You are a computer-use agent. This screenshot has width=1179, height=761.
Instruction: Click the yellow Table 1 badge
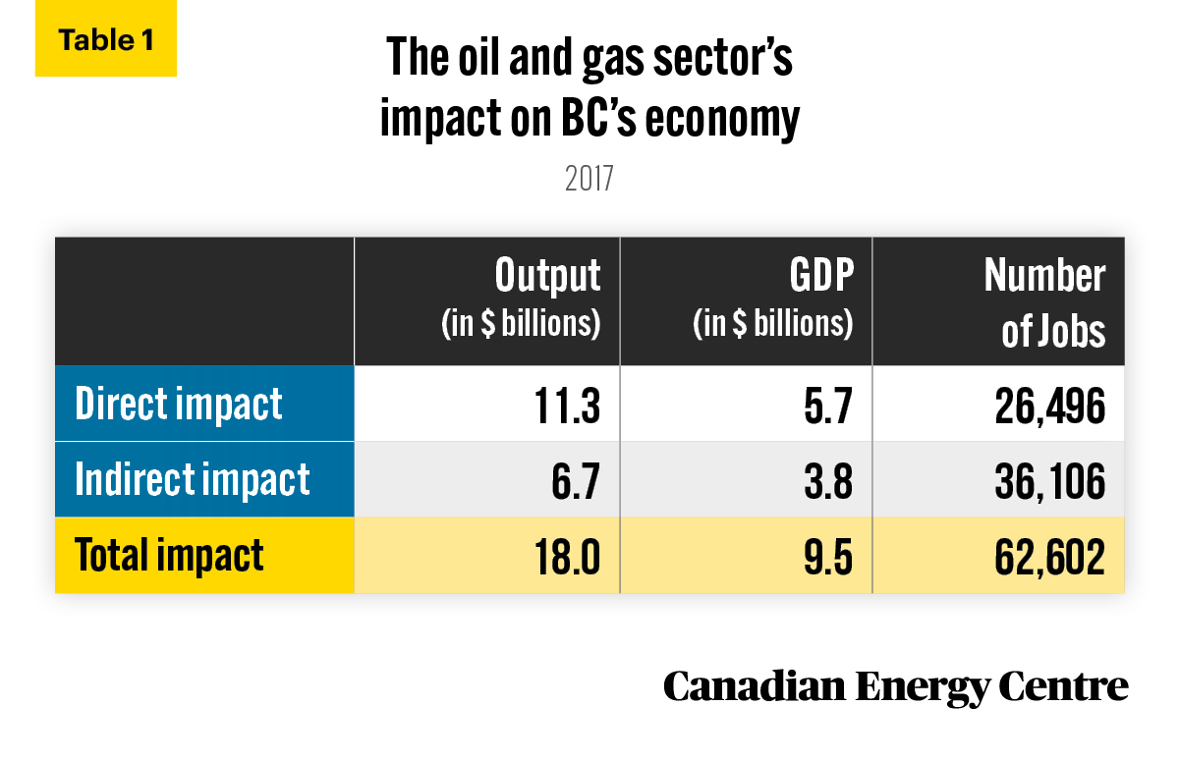106,38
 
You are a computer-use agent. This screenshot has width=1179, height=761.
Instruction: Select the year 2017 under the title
589,179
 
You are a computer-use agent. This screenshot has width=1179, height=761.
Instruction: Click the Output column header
521,298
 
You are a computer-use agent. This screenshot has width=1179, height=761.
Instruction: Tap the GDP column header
773,298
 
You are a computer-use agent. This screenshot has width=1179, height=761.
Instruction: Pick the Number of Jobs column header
1044,302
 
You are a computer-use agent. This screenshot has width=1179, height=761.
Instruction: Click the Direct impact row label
179,404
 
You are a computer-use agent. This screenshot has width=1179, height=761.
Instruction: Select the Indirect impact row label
193,479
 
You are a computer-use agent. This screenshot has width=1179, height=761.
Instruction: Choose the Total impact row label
169,555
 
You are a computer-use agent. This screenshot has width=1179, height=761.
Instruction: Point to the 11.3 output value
567,406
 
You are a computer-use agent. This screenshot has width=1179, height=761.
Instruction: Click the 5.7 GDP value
828,406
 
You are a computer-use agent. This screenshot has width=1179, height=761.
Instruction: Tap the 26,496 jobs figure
1049,407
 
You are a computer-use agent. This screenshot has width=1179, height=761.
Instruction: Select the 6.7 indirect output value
576,481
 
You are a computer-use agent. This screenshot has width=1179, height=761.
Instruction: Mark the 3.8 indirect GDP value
828,481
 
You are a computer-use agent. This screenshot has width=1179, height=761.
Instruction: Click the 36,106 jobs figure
1049,482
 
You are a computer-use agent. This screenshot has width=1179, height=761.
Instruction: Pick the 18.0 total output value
567,557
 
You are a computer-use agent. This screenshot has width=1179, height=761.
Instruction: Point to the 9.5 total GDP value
828,557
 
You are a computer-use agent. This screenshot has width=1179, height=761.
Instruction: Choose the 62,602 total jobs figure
1049,558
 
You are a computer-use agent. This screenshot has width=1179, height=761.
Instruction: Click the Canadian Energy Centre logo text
895,687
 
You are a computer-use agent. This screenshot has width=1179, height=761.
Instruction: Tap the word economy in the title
722,120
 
